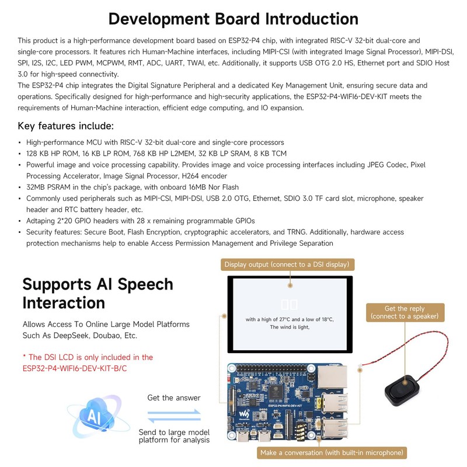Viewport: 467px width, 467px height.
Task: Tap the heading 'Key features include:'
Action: [x=66, y=126]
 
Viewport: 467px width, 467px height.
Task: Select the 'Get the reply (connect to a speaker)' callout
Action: [x=403, y=312]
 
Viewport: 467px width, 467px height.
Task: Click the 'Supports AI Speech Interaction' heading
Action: [x=97, y=293]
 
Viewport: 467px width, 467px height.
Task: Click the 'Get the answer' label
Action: [x=173, y=398]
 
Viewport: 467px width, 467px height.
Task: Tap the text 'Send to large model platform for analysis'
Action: [x=173, y=435]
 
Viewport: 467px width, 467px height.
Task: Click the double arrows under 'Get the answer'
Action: [x=173, y=416]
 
